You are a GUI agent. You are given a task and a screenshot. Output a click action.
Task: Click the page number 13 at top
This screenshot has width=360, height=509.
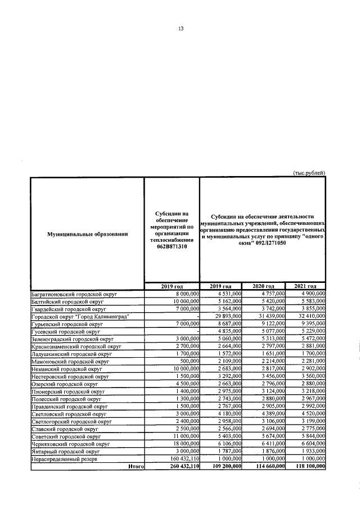(181, 29)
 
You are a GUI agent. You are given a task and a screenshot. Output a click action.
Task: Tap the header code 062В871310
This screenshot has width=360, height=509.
(172, 261)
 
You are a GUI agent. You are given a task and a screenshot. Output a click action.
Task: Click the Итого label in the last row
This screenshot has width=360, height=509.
(136, 466)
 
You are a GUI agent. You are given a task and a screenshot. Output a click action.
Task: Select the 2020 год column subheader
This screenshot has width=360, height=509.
(263, 287)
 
